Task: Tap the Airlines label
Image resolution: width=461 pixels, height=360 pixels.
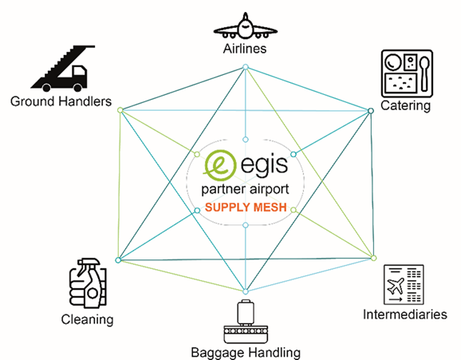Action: pyautogui.click(x=245, y=49)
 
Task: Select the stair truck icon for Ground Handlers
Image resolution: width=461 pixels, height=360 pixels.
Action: pyautogui.click(x=63, y=69)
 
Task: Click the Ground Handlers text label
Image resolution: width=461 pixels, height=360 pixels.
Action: pyautogui.click(x=61, y=101)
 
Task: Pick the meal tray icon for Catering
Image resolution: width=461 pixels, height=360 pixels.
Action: pyautogui.click(x=407, y=73)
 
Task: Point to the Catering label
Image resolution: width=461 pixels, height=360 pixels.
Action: pyautogui.click(x=405, y=106)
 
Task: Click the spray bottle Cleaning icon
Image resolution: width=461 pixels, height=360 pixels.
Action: pyautogui.click(x=88, y=283)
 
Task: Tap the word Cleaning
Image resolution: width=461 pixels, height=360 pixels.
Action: pyautogui.click(x=87, y=320)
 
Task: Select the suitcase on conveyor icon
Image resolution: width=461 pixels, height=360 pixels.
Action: pyautogui.click(x=246, y=322)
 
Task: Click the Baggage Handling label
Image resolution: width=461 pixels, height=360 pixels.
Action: pyautogui.click(x=246, y=353)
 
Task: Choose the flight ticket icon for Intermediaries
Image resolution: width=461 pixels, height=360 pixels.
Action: pyautogui.click(x=404, y=285)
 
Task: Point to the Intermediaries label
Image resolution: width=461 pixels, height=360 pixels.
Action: pyautogui.click(x=405, y=315)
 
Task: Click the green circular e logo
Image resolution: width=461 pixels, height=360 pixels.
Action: pyautogui.click(x=219, y=165)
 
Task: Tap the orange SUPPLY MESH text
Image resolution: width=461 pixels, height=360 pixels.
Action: pyautogui.click(x=246, y=208)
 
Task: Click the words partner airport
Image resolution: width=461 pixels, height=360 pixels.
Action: pyautogui.click(x=245, y=190)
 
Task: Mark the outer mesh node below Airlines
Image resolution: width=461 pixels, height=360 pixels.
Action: pyautogui.click(x=246, y=67)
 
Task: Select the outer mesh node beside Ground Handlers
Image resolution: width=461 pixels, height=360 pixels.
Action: pyautogui.click(x=120, y=110)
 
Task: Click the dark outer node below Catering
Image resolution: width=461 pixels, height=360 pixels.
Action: pyautogui.click(x=371, y=111)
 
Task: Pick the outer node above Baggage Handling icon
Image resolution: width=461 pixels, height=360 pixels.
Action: pyautogui.click(x=246, y=291)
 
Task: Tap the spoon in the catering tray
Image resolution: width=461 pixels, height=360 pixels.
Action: pyautogui.click(x=424, y=73)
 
